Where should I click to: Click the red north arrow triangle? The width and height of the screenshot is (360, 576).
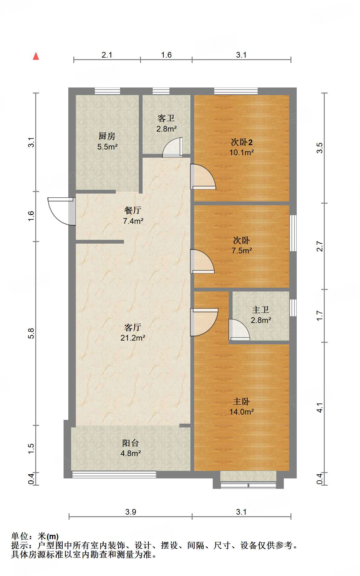[36, 56]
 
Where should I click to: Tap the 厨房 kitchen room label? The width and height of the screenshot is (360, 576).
[107, 136]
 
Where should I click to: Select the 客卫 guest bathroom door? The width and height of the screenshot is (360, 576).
[172, 147]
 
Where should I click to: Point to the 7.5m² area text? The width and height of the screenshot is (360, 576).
[242, 251]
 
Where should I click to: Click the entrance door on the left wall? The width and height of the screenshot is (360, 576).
[62, 211]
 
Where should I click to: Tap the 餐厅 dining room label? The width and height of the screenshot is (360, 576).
[133, 210]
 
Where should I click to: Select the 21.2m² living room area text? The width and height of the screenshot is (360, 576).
[133, 338]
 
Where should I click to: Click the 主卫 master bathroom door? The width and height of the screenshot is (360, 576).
[239, 330]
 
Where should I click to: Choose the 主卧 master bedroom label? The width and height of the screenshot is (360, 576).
[241, 401]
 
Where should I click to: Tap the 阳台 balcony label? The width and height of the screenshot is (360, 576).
[131, 443]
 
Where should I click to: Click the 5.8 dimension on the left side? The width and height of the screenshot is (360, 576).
[31, 333]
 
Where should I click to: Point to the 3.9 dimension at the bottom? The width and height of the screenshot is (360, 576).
[131, 512]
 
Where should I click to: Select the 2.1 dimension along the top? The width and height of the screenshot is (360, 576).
[107, 55]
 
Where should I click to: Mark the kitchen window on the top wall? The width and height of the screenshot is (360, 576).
[107, 91]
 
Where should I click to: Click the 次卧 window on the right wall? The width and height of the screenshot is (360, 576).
[293, 233]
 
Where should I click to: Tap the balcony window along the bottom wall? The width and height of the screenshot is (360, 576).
[114, 474]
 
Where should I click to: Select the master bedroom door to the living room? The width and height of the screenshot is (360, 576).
[204, 322]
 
